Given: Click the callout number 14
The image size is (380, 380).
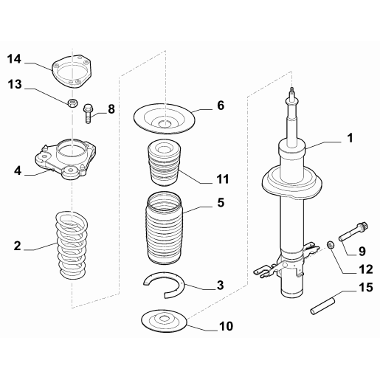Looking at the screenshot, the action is tap(14, 59).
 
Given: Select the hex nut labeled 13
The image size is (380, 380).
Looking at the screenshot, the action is tap(72, 103).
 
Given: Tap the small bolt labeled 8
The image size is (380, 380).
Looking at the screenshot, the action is tap(88, 114).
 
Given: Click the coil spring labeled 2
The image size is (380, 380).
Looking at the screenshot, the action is tap(72, 245).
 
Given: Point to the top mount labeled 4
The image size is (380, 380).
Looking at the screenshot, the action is tap(66, 159).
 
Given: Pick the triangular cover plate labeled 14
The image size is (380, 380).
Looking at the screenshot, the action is tap(72, 72).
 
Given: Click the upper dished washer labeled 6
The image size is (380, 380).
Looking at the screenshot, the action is tap(165, 119).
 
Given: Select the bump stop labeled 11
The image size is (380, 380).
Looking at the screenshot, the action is tap(164, 163).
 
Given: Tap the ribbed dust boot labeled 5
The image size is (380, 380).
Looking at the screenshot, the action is tap(165, 228).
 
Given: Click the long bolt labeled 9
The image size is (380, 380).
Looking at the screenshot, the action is tap(353, 231).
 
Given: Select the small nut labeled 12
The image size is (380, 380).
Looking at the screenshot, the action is tap(331, 245).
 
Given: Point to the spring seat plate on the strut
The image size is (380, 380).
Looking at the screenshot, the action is tap(292, 182).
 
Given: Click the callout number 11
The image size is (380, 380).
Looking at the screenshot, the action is tap(223, 179).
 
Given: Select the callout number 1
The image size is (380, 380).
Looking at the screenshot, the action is tap(350, 138).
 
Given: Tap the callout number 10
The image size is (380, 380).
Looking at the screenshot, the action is tap(226, 326).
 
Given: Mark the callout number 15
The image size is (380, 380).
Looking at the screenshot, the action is tap(366, 287).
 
